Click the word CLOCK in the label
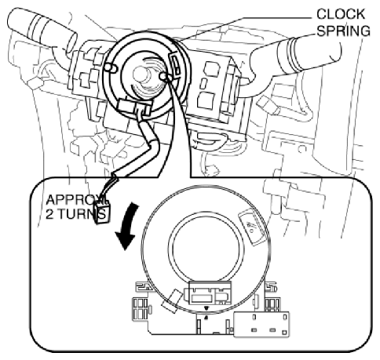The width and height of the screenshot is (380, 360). [x=341, y=14]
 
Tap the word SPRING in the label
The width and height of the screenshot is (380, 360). [x=344, y=31]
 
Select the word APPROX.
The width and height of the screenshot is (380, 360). [x=76, y=200]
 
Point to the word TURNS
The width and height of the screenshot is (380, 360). [x=82, y=214]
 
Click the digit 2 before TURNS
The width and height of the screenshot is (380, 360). [x=49, y=214]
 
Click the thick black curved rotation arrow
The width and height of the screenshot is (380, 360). [x=127, y=226]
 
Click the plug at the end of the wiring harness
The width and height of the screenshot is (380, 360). [x=103, y=213]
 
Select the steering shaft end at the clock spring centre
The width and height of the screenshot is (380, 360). [x=140, y=75]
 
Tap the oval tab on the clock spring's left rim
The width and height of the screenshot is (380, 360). [x=111, y=67]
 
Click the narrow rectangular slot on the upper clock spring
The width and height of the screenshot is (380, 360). [x=175, y=64]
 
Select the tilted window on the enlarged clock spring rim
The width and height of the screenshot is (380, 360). [x=252, y=227]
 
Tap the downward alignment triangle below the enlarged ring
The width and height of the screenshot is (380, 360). [x=206, y=308]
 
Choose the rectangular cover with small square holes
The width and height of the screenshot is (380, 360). [x=261, y=324]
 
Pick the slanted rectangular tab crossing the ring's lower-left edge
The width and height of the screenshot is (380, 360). [x=172, y=300]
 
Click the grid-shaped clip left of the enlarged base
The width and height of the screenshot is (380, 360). [x=141, y=309]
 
